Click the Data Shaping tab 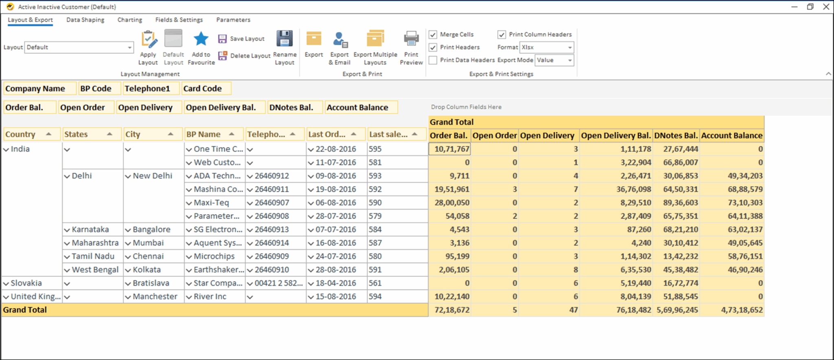85,20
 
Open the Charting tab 129,20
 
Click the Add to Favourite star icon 201,40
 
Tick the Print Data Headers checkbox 433,60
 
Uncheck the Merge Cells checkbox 433,35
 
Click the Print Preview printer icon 411,40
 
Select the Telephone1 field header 147,88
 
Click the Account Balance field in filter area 357,108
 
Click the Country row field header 20,134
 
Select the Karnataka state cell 90,229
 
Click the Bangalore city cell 151,229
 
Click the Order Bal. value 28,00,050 452,202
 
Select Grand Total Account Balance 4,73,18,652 742,310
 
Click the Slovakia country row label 26,283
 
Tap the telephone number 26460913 272,229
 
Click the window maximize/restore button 810,7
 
